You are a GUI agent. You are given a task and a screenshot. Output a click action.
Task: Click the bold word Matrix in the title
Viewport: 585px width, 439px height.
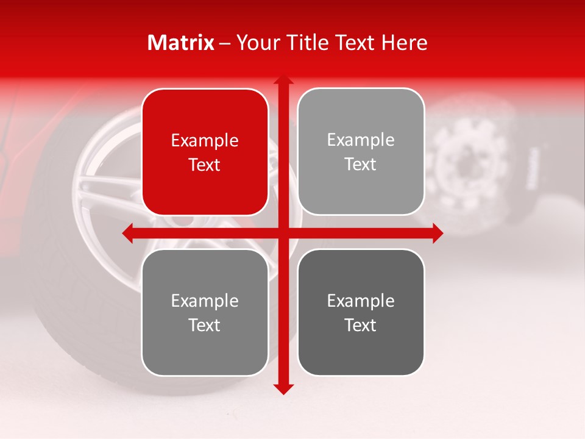pos(181,43)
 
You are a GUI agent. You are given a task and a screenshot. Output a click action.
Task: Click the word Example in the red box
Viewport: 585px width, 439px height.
pos(205,141)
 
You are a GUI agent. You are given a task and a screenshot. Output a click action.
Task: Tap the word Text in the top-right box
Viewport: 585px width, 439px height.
pos(361,165)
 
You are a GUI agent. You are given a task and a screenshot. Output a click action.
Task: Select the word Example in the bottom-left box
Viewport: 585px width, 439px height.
pos(205,301)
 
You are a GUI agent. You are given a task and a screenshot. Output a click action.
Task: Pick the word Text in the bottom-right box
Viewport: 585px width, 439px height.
pos(361,325)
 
